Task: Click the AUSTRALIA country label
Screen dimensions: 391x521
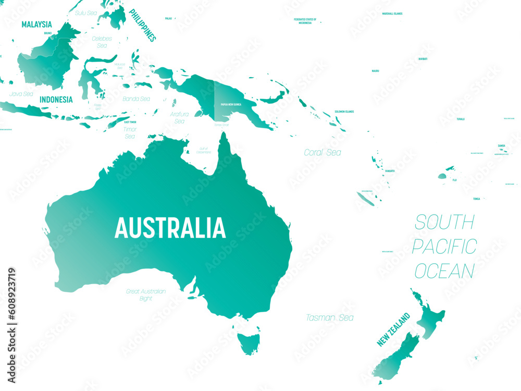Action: point(170,228)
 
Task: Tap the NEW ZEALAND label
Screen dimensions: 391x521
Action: point(394,330)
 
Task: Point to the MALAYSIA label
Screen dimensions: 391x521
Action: point(36,24)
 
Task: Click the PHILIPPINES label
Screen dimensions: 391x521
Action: point(142,25)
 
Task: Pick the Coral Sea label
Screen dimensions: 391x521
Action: point(322,153)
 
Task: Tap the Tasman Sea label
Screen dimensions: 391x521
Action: point(330,317)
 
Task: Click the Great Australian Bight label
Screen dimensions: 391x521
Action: point(146,295)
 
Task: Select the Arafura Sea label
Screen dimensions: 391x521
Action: point(179,117)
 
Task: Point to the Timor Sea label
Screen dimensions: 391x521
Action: point(130,132)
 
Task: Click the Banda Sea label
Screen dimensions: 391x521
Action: point(136,99)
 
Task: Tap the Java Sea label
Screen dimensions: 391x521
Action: point(21,94)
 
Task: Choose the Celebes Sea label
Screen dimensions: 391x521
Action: point(102,42)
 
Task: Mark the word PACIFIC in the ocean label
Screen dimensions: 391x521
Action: point(444,246)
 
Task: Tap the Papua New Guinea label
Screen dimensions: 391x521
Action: point(231,104)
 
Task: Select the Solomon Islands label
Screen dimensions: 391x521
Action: point(344,112)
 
